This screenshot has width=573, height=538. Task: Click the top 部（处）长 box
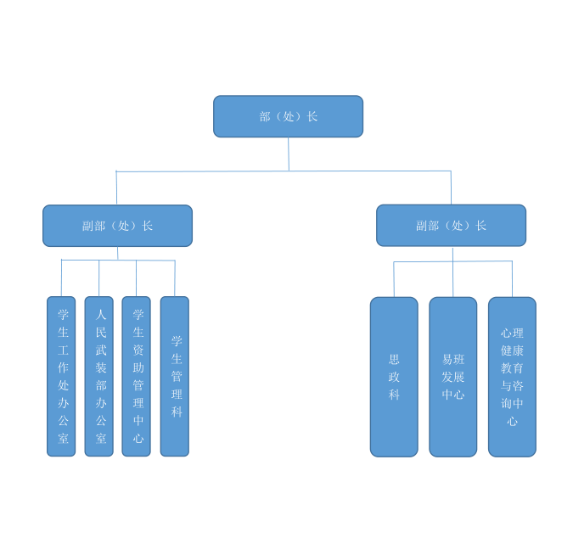coord(288,116)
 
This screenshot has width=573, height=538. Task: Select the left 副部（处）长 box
coord(117,226)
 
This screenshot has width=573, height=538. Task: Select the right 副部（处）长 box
coord(451,226)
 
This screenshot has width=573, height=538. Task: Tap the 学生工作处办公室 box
coord(61,376)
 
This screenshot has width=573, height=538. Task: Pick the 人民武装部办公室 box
coord(99,376)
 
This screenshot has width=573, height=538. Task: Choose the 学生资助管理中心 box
coord(137,376)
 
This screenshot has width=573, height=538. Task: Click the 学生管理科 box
coord(175,376)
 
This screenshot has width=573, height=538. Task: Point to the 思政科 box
coord(394,377)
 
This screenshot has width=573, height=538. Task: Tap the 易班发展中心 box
coord(453,377)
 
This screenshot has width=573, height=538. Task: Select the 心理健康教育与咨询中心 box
coord(513,377)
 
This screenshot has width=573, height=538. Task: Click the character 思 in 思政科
coord(394,360)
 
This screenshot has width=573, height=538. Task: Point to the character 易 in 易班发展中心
coord(447,360)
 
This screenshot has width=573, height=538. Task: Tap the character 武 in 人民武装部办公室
coord(101,350)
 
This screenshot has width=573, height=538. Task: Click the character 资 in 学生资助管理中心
coord(138,350)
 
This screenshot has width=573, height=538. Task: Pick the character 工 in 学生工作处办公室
coord(63,350)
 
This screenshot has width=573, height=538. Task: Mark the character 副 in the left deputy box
coord(88,226)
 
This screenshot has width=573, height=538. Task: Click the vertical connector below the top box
coord(289,154)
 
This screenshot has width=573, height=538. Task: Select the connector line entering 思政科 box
coord(394,279)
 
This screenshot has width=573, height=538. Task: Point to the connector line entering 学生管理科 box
coord(175,278)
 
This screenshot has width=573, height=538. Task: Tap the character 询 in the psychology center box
coord(507,404)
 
